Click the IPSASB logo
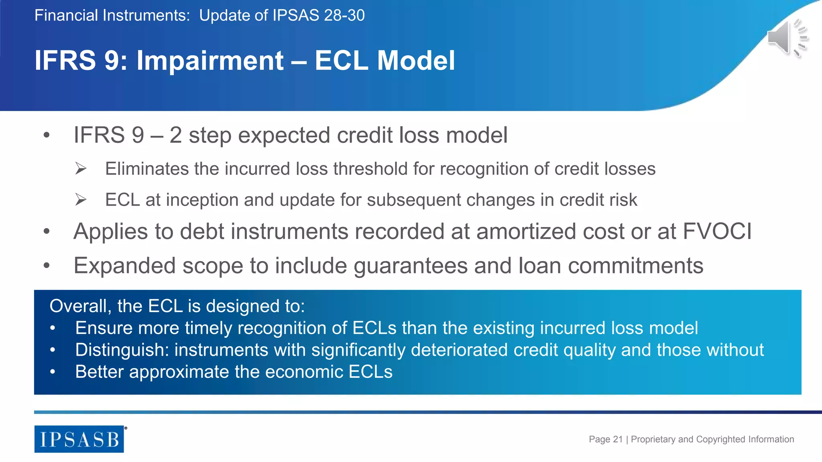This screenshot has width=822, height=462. click(79, 439)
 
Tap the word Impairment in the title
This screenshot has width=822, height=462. click(210, 61)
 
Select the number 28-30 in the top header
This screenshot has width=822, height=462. click(344, 16)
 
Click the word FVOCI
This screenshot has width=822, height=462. click(717, 231)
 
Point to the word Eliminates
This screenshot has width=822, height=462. click(147, 169)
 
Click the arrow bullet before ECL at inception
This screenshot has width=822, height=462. click(81, 199)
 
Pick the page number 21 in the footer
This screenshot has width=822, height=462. click(618, 440)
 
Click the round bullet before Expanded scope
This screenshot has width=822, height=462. click(47, 265)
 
